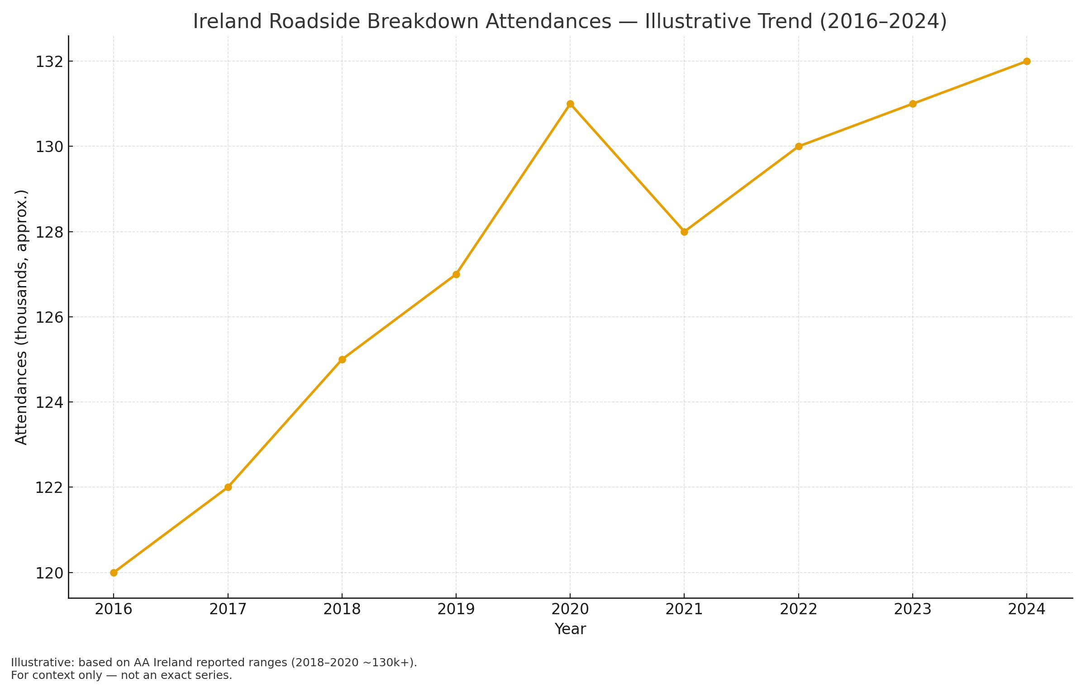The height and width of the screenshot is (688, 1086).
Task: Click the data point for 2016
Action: (x=114, y=573)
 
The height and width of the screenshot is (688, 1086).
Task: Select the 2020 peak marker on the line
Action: (x=570, y=104)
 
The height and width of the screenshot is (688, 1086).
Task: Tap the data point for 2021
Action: (x=684, y=232)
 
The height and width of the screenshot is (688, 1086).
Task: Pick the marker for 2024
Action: (x=1027, y=61)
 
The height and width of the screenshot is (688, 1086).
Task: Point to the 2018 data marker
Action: (x=342, y=359)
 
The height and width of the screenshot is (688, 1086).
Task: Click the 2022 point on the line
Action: (x=799, y=146)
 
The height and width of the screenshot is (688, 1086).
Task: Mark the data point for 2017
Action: (x=228, y=487)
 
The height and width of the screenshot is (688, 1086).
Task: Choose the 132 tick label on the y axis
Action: (x=48, y=62)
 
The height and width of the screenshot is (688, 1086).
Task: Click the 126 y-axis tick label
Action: (x=48, y=317)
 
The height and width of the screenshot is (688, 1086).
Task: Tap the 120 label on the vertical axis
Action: (x=48, y=573)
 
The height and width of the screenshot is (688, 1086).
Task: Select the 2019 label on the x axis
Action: (x=456, y=609)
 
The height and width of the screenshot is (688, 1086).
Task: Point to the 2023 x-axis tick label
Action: (x=913, y=609)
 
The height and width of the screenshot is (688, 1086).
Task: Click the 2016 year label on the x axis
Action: (x=114, y=609)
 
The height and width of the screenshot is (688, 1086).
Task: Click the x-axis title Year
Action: (x=570, y=629)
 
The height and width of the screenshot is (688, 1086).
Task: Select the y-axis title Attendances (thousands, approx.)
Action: (x=21, y=317)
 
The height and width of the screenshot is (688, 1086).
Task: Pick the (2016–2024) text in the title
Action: (x=883, y=22)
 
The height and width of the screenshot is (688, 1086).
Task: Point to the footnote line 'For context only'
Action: (x=121, y=675)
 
